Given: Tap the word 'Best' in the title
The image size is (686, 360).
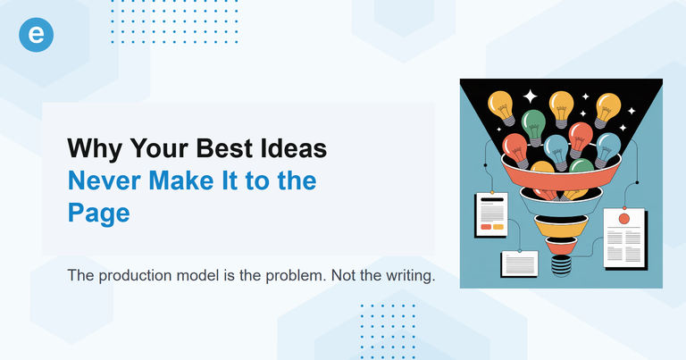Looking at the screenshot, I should [x=224, y=148].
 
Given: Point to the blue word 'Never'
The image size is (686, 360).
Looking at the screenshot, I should [x=104, y=180].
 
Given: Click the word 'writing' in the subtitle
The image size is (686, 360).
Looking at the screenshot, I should [x=407, y=275].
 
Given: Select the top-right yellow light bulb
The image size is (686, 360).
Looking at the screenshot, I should [x=607, y=107].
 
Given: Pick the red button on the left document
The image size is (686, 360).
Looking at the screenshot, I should [x=485, y=227].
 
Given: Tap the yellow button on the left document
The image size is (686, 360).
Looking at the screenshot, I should [x=497, y=227].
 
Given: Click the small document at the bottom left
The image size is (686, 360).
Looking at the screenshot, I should [x=518, y=263].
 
